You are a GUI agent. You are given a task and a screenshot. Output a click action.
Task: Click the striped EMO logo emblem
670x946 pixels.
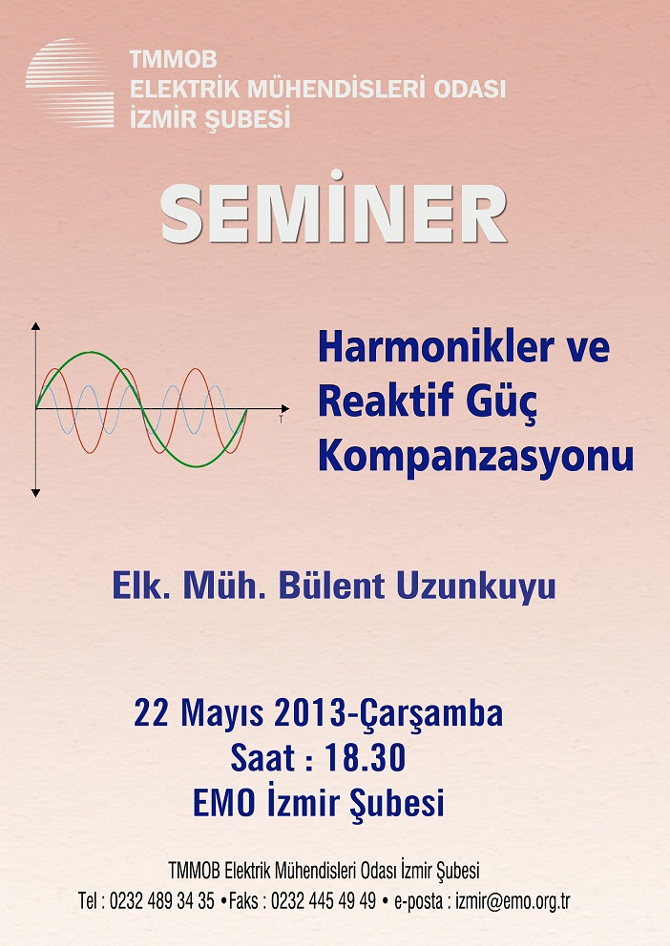(70, 83)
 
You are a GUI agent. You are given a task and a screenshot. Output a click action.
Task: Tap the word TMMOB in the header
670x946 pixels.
(174, 60)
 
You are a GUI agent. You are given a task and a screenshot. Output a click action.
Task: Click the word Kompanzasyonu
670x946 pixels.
(476, 456)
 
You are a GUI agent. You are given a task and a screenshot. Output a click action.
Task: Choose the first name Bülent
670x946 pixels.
(331, 586)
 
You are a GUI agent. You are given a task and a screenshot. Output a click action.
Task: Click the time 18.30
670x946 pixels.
(365, 758)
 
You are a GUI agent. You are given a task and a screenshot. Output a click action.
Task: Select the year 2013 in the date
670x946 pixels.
(311, 713)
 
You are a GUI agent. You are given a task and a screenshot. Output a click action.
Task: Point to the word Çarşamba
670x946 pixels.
(431, 715)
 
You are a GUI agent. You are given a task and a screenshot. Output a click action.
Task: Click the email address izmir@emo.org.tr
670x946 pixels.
(513, 901)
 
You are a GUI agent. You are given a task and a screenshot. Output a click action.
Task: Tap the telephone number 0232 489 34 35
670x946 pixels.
(161, 901)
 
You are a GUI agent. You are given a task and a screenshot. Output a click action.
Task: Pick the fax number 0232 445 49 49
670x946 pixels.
(324, 901)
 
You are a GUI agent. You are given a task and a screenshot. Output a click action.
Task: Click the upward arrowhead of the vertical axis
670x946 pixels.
(35, 326)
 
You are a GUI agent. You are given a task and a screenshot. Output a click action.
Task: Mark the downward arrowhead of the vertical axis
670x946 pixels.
(35, 493)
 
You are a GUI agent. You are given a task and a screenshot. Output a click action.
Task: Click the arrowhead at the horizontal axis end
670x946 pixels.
(285, 409)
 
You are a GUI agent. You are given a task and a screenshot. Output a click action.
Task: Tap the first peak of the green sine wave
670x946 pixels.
(91, 352)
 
